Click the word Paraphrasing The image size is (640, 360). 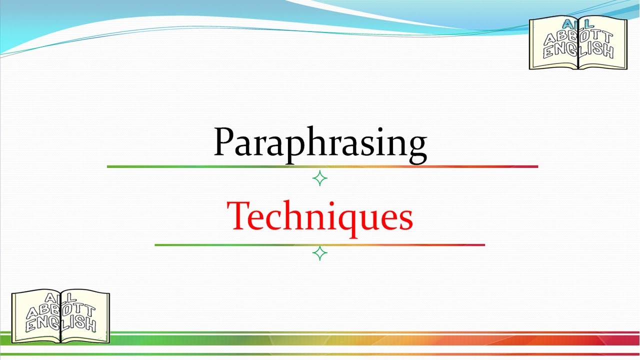[x=320, y=143]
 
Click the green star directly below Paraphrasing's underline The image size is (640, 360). [x=319, y=178]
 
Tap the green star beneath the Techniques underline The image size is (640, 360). [x=319, y=253]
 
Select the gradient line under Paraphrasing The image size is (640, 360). [x=322, y=166]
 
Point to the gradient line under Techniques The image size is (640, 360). [x=320, y=245]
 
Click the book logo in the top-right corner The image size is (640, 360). [x=578, y=42]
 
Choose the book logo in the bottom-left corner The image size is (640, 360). [x=60, y=316]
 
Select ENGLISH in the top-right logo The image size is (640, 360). [x=578, y=50]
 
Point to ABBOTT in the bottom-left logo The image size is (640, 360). [x=60, y=310]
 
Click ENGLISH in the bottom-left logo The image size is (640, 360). [x=60, y=324]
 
